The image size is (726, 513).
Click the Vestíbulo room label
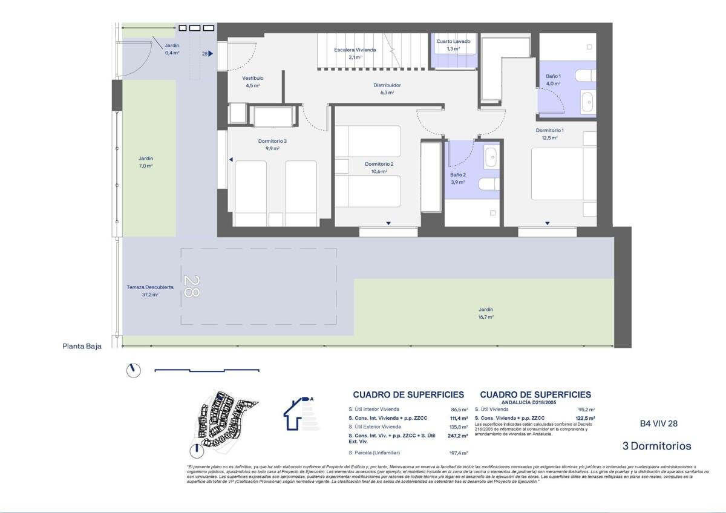point(253,79)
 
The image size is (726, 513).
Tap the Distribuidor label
point(387,85)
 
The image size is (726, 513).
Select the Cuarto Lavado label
point(453,42)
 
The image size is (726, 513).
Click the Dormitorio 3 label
point(272,141)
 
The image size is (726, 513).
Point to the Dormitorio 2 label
point(379,164)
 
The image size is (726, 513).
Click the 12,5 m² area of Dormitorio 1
point(549,138)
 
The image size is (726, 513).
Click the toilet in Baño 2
point(488,183)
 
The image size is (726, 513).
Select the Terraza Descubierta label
point(150,287)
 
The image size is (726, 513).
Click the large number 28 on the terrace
point(191,287)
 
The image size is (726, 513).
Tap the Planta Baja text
point(82,347)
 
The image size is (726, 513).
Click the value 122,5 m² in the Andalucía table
point(585,418)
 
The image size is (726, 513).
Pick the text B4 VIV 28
point(659,423)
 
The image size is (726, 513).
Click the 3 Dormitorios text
point(656,446)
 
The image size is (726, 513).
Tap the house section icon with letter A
point(299,413)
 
